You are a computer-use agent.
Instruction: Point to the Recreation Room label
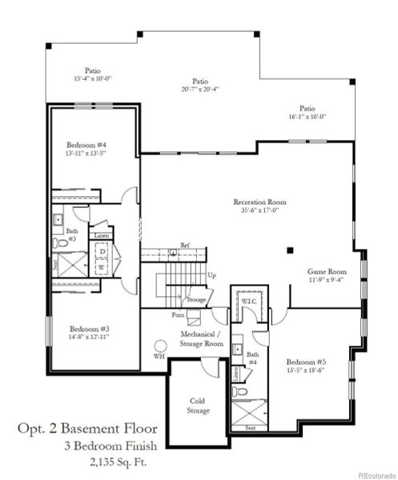[x=259, y=202]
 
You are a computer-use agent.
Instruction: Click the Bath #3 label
[x=72, y=234]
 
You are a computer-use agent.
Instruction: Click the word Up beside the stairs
[x=211, y=275]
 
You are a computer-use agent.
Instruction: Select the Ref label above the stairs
[x=184, y=246]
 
